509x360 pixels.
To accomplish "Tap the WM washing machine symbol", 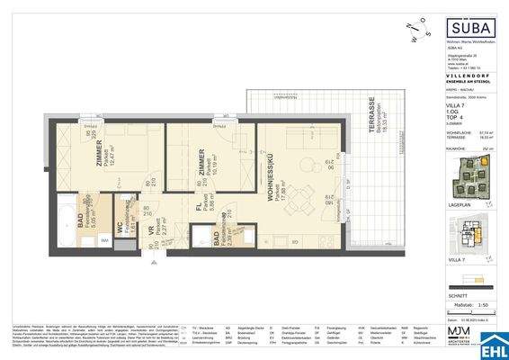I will pos(104,240).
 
